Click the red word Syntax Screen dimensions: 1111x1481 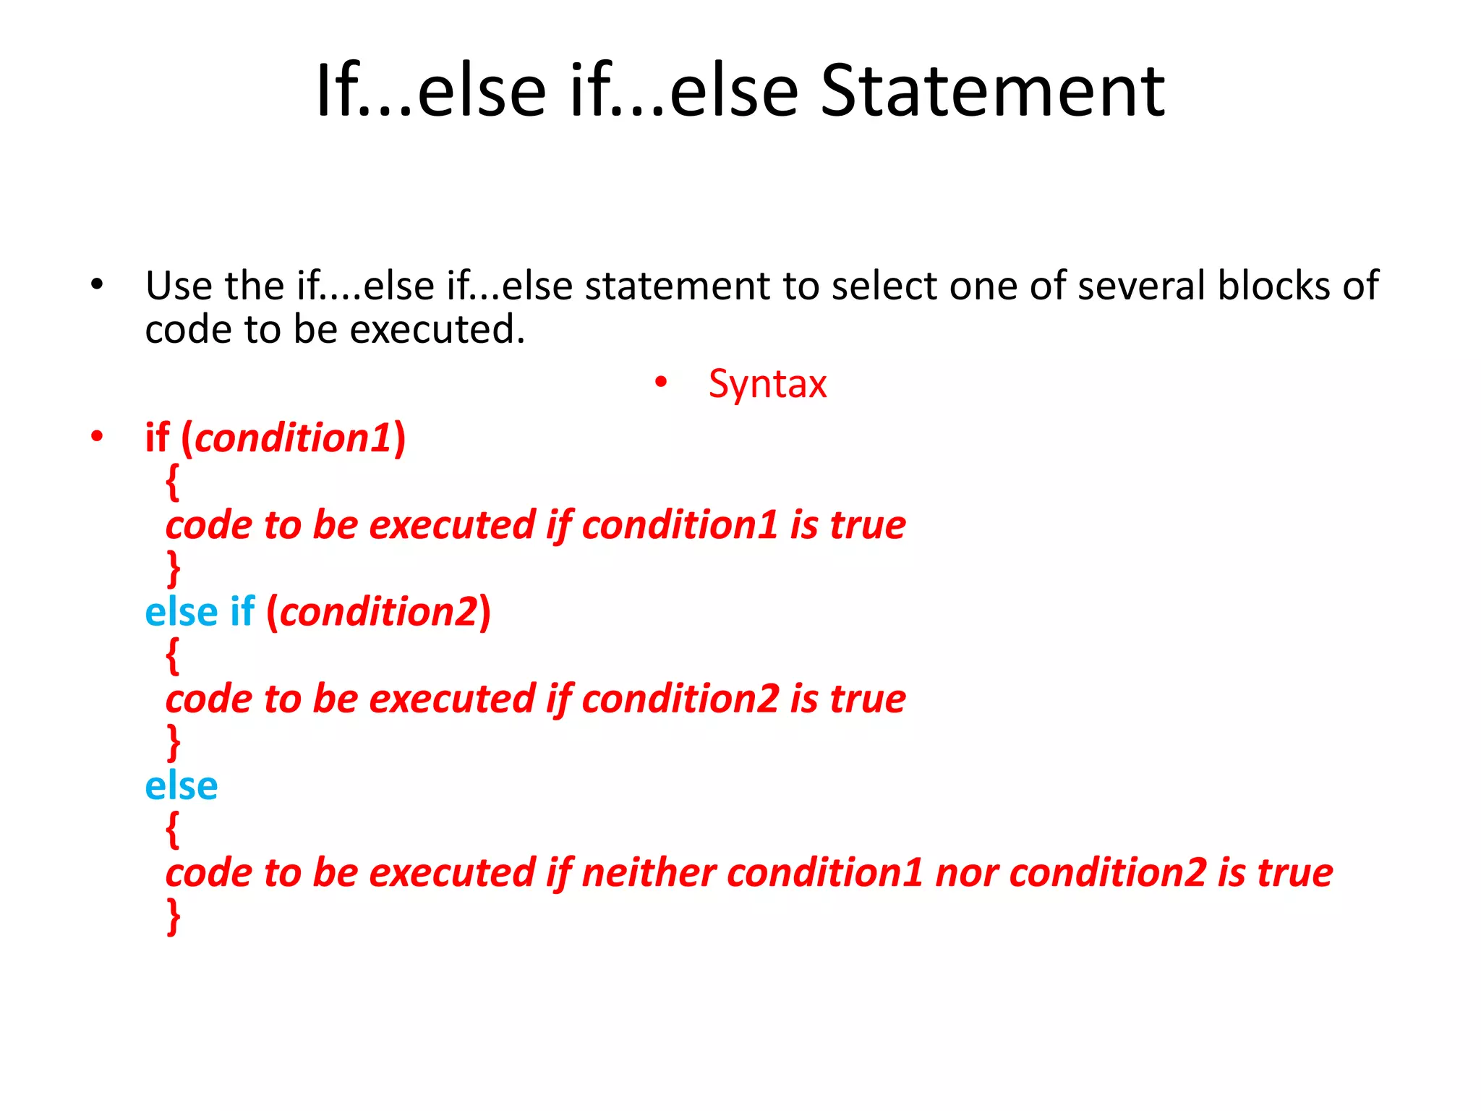[767, 384]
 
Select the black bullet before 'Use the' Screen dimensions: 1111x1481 [97, 284]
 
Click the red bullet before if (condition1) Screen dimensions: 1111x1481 [97, 436]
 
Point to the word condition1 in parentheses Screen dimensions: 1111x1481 [293, 438]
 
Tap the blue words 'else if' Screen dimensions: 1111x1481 [200, 612]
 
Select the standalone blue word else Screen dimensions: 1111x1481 [181, 786]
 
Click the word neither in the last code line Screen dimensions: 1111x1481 [649, 872]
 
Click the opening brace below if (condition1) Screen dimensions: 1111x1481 [172, 482]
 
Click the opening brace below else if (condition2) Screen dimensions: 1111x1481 [172, 655]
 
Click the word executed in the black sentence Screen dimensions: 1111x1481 [437, 330]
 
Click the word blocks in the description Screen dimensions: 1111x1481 [1274, 285]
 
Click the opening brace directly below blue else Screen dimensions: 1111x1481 [172, 829]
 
